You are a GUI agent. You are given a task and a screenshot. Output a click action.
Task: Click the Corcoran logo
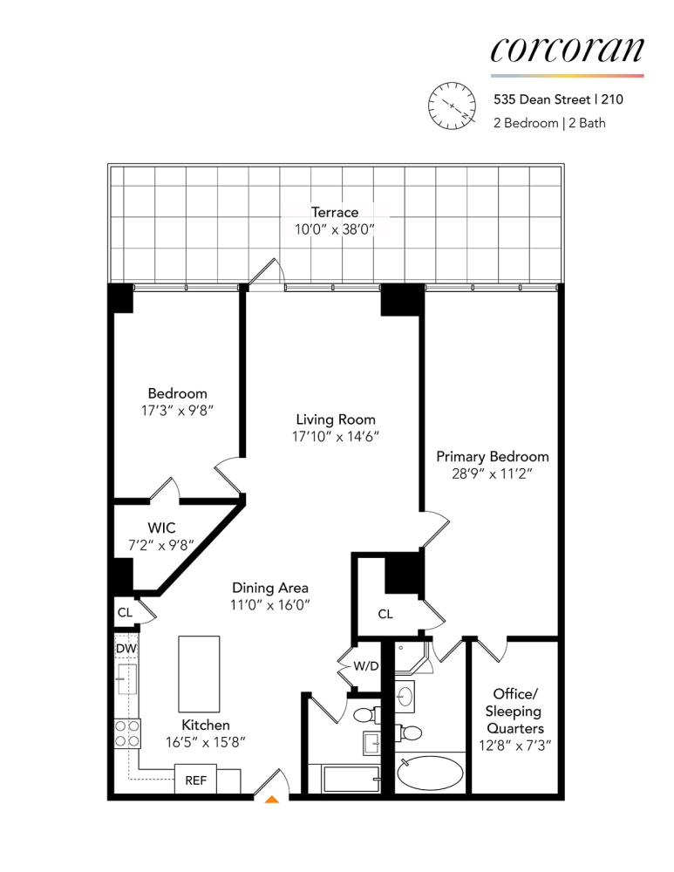[x=567, y=50]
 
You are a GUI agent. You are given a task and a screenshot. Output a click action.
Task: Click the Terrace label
[x=335, y=212]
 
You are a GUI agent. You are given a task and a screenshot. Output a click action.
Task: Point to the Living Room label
[x=335, y=419]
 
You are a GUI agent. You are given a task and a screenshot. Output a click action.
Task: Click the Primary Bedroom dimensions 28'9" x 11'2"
[x=492, y=473]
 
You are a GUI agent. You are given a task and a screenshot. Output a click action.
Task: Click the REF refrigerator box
[x=195, y=780]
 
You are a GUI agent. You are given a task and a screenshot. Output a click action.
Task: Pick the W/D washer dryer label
[x=364, y=667]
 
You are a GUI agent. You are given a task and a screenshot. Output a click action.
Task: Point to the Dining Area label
[x=269, y=588]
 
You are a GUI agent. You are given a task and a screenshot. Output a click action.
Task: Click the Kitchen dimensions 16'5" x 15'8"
[x=206, y=742]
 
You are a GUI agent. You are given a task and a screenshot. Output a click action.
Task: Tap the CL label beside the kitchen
[x=125, y=612]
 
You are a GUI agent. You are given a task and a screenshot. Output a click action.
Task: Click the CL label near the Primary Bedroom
[x=385, y=614]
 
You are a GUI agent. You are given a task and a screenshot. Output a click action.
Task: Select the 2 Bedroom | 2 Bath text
[x=549, y=123]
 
